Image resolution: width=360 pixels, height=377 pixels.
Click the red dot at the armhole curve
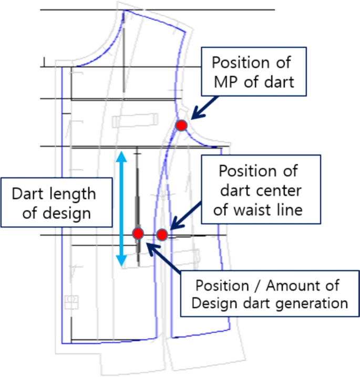click(x=181, y=125)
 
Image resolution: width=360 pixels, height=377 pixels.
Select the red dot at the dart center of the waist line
click(x=162, y=234)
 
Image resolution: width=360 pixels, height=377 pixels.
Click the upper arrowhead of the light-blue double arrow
click(x=121, y=156)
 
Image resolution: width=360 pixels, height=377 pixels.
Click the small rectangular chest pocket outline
click(x=135, y=120)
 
